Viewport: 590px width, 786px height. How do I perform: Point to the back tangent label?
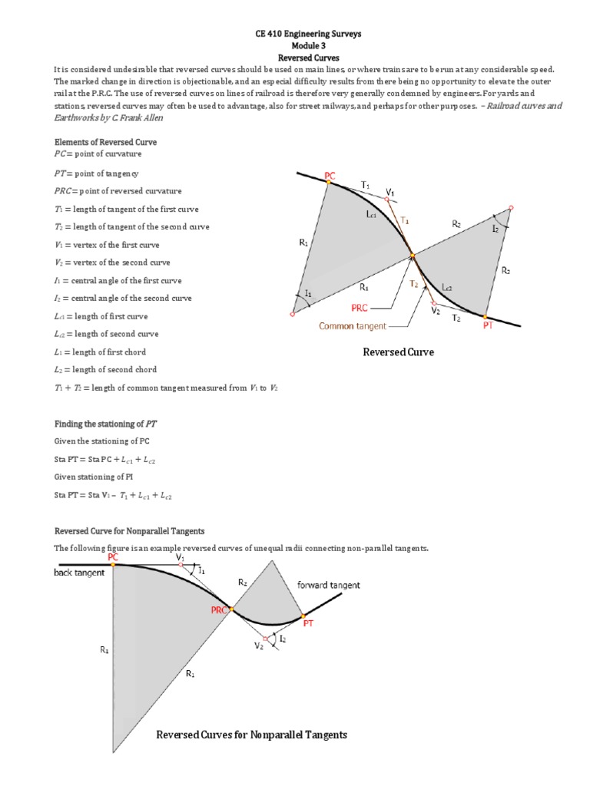(x=79, y=573)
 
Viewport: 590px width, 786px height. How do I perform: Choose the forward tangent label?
(x=328, y=585)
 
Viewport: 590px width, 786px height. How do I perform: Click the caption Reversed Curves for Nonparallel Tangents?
(x=251, y=735)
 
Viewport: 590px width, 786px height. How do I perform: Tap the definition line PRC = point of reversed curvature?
(x=118, y=191)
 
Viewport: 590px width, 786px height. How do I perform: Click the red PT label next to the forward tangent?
(x=308, y=625)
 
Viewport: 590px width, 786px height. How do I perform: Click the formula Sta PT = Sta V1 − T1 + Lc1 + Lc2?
(x=113, y=496)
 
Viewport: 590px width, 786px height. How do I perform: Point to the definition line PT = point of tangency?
(x=96, y=173)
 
